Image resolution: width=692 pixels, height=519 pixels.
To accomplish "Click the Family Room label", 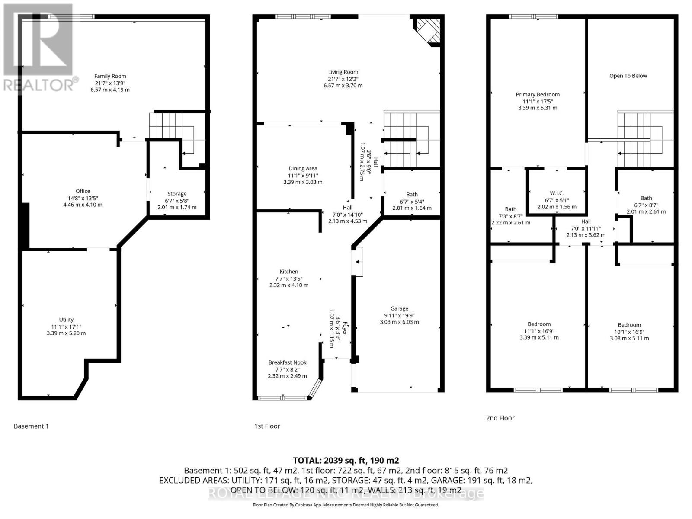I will (110, 76).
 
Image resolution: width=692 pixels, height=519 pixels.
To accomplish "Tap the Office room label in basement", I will (83, 191).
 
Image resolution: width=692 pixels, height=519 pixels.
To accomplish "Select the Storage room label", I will (177, 194).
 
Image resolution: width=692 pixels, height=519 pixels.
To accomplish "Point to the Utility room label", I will (66, 320).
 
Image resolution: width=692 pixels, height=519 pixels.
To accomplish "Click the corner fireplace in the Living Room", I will (429, 31).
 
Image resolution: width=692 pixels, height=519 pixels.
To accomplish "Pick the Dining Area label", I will (303, 168).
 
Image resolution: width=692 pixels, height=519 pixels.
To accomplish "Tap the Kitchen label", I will (288, 272).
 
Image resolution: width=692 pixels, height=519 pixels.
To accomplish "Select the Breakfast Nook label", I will (287, 362).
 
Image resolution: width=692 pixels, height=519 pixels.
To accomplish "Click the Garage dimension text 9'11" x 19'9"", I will (399, 315).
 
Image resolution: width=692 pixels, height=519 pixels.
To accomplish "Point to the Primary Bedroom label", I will (538, 94).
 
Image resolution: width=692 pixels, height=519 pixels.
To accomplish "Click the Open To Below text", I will (628, 76).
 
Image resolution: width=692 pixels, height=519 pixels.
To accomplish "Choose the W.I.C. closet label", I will (557, 193).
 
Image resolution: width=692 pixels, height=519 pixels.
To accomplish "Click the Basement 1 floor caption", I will (31, 426).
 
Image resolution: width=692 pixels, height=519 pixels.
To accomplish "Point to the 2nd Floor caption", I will (500, 418).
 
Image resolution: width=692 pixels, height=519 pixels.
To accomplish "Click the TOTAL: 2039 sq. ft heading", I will (346, 460).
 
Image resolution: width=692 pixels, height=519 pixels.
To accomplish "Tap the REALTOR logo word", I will (39, 85).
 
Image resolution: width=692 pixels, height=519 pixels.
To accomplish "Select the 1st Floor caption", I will (267, 426).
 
